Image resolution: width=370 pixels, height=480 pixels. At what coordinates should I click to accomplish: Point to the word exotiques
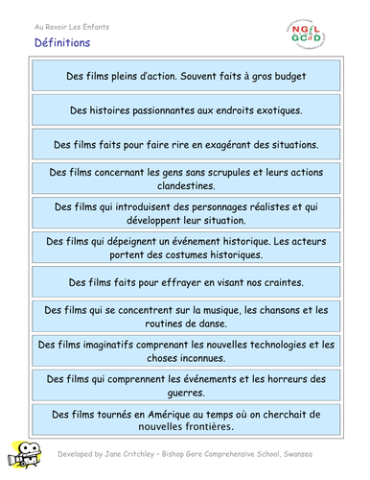coord(274,110)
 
